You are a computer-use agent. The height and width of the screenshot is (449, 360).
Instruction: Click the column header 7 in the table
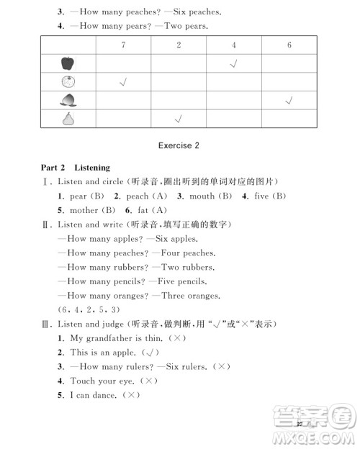tap(123, 45)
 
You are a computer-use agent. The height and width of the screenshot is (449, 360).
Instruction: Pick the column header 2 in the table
tap(179, 45)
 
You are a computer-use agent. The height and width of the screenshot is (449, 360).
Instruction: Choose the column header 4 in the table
tap(234, 45)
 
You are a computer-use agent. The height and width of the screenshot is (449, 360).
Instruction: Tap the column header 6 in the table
tap(289, 45)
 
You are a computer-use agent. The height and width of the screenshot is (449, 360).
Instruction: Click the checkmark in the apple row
tap(234, 64)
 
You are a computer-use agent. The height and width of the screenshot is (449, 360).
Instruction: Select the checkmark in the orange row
tap(123, 82)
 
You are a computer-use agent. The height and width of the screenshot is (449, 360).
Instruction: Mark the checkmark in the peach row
tap(289, 100)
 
